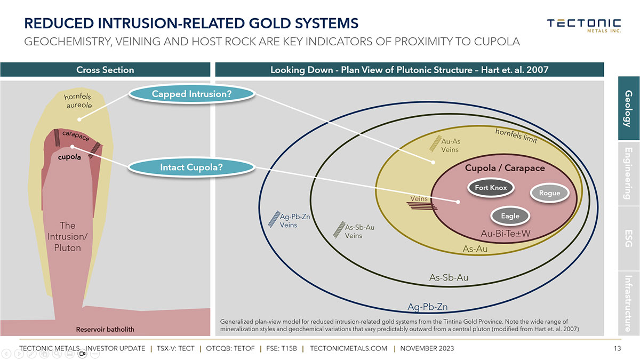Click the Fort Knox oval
491,188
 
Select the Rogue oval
549,193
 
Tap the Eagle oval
510,216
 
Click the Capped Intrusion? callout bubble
191,94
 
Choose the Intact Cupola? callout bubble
191,167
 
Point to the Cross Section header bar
105,70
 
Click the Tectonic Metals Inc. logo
583,25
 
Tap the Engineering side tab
628,173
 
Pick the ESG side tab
628,238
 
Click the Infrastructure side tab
628,303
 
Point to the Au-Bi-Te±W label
506,234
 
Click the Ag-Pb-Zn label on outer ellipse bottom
427,307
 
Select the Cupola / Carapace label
505,168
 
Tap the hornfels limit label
516,135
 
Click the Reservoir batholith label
105,330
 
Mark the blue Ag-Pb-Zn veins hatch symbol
274,219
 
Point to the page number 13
617,349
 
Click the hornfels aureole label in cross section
78,101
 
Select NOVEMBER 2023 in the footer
427,349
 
